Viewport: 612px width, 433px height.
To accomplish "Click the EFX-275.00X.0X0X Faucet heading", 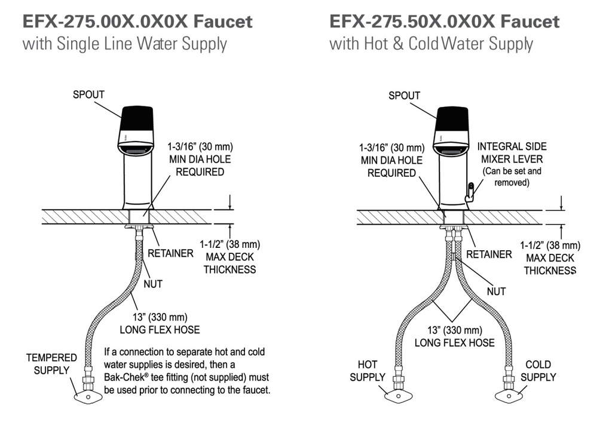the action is click(x=137, y=22).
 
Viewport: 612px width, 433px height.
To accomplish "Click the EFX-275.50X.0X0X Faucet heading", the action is click(x=445, y=22).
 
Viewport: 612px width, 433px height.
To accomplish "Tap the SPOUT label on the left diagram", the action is click(x=88, y=95).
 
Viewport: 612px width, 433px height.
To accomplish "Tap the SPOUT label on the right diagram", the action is click(x=405, y=96).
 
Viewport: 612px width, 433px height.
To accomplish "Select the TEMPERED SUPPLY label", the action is click(x=51, y=364).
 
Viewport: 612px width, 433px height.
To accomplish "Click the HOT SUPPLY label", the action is click(x=368, y=371).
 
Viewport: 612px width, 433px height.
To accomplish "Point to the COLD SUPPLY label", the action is click(x=538, y=371).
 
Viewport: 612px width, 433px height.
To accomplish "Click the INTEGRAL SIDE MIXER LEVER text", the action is click(x=512, y=153).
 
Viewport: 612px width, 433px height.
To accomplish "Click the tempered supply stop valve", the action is click(x=88, y=392).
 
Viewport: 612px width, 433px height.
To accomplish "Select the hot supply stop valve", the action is click(x=398, y=391).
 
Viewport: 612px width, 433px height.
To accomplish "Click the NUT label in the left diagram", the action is click(x=153, y=284).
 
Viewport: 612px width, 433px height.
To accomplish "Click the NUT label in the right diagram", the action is click(x=496, y=291).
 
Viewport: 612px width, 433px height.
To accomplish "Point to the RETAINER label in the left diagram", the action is click(x=170, y=254).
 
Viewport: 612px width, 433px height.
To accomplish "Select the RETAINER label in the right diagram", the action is click(x=489, y=254).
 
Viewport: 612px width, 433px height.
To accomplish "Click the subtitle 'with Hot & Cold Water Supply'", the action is click(x=432, y=44).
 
